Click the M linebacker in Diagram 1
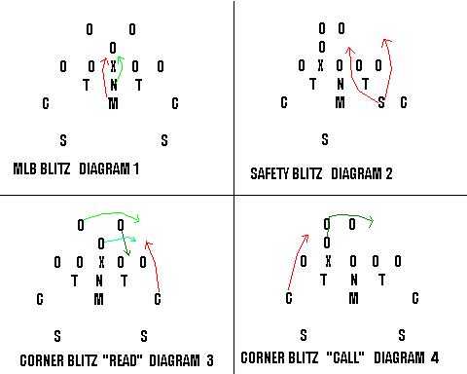tap(113, 104)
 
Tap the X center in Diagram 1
tap(113, 66)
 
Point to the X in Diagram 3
tap(101, 262)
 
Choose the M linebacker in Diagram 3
tap(99, 299)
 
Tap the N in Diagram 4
tap(353, 280)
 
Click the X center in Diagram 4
tap(328, 261)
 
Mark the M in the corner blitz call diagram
tap(352, 298)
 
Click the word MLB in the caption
tap(26, 168)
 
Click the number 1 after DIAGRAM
tap(136, 168)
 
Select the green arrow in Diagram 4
tap(350, 216)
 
